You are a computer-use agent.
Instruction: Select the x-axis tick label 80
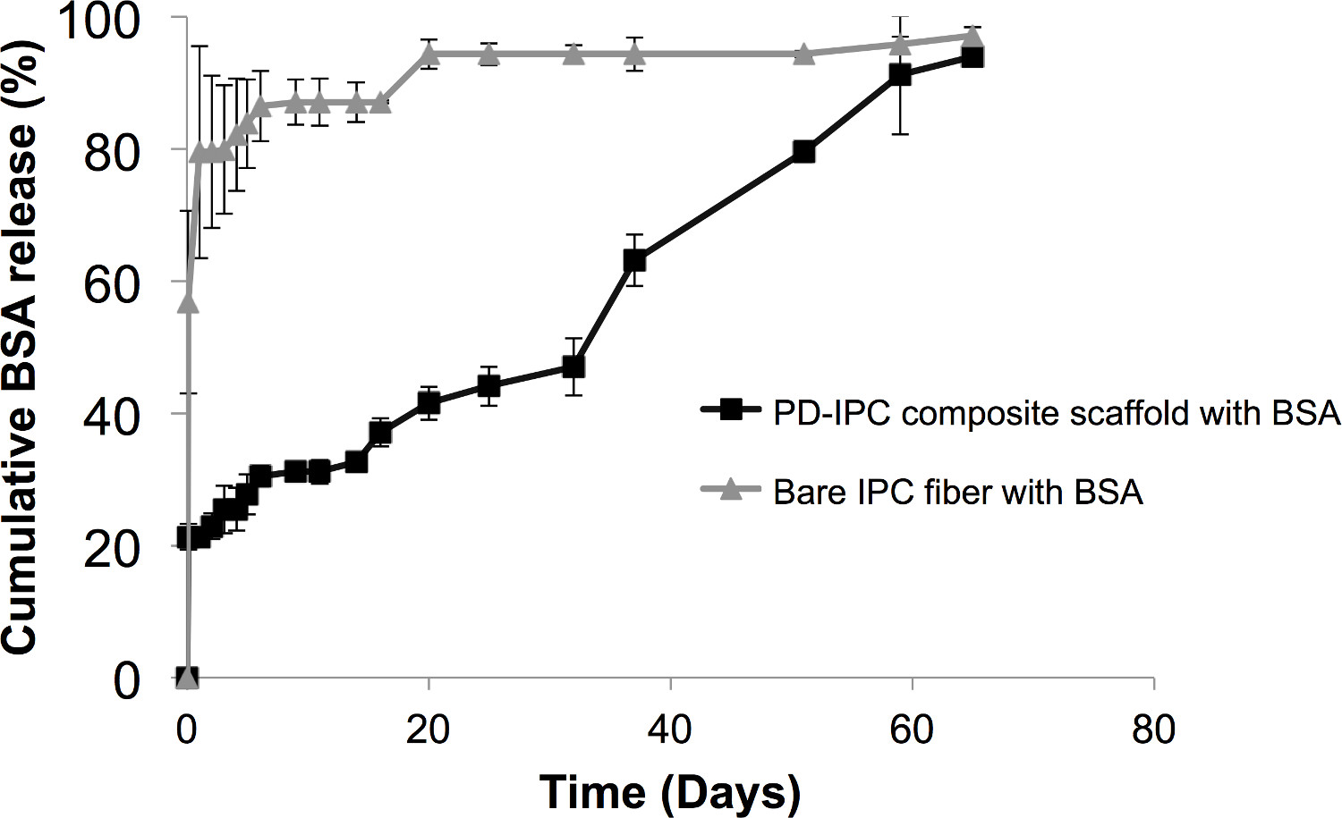[x=1153, y=730]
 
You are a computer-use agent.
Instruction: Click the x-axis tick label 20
[x=428, y=730]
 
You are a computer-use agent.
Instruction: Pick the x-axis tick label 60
[x=912, y=730]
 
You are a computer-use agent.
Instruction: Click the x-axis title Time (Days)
[x=669, y=791]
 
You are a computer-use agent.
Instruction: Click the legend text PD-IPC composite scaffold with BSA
[x=1057, y=413]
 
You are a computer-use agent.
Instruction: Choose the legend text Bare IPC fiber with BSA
[x=957, y=492]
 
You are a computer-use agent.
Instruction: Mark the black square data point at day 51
[x=803, y=152]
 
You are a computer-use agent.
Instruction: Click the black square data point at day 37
[x=634, y=260]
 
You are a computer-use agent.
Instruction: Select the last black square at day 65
[x=973, y=57]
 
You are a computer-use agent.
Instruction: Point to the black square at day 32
[x=573, y=367]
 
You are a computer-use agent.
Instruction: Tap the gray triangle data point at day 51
[x=803, y=54]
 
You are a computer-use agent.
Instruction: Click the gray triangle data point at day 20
[x=429, y=54]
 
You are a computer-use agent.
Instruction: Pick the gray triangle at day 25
[x=488, y=54]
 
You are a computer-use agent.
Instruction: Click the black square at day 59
[x=900, y=75]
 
